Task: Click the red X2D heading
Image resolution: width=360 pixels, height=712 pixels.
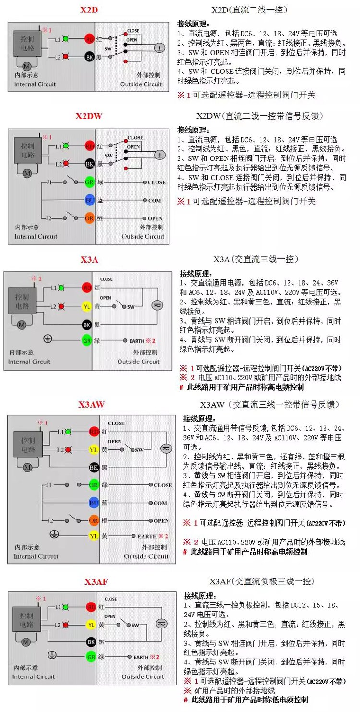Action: coord(89,10)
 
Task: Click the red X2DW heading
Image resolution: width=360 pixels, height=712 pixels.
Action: coord(89,116)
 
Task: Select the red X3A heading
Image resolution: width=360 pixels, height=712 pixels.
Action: coord(89,260)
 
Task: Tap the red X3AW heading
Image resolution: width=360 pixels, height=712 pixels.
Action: coord(91,405)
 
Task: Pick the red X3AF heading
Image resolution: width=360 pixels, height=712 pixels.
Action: coord(96,582)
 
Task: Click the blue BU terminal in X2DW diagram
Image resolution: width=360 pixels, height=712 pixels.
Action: coord(89,200)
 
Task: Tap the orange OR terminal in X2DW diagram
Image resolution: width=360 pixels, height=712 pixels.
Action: coord(89,218)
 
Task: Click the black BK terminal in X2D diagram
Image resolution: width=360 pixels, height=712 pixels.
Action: coord(89,56)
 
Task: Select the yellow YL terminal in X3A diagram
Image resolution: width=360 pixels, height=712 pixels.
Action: coord(87,306)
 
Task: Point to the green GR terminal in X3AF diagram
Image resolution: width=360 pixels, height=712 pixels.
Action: coord(91,656)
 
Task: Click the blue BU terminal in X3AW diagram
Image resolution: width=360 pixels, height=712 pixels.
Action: coord(94,503)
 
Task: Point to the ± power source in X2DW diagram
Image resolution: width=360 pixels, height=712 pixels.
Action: coord(159,155)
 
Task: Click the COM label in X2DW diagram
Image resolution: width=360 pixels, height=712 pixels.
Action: coord(155,201)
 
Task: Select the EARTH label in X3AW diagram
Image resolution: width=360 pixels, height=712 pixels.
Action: coord(147,536)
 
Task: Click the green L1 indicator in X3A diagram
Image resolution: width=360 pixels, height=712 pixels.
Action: coord(67,288)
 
